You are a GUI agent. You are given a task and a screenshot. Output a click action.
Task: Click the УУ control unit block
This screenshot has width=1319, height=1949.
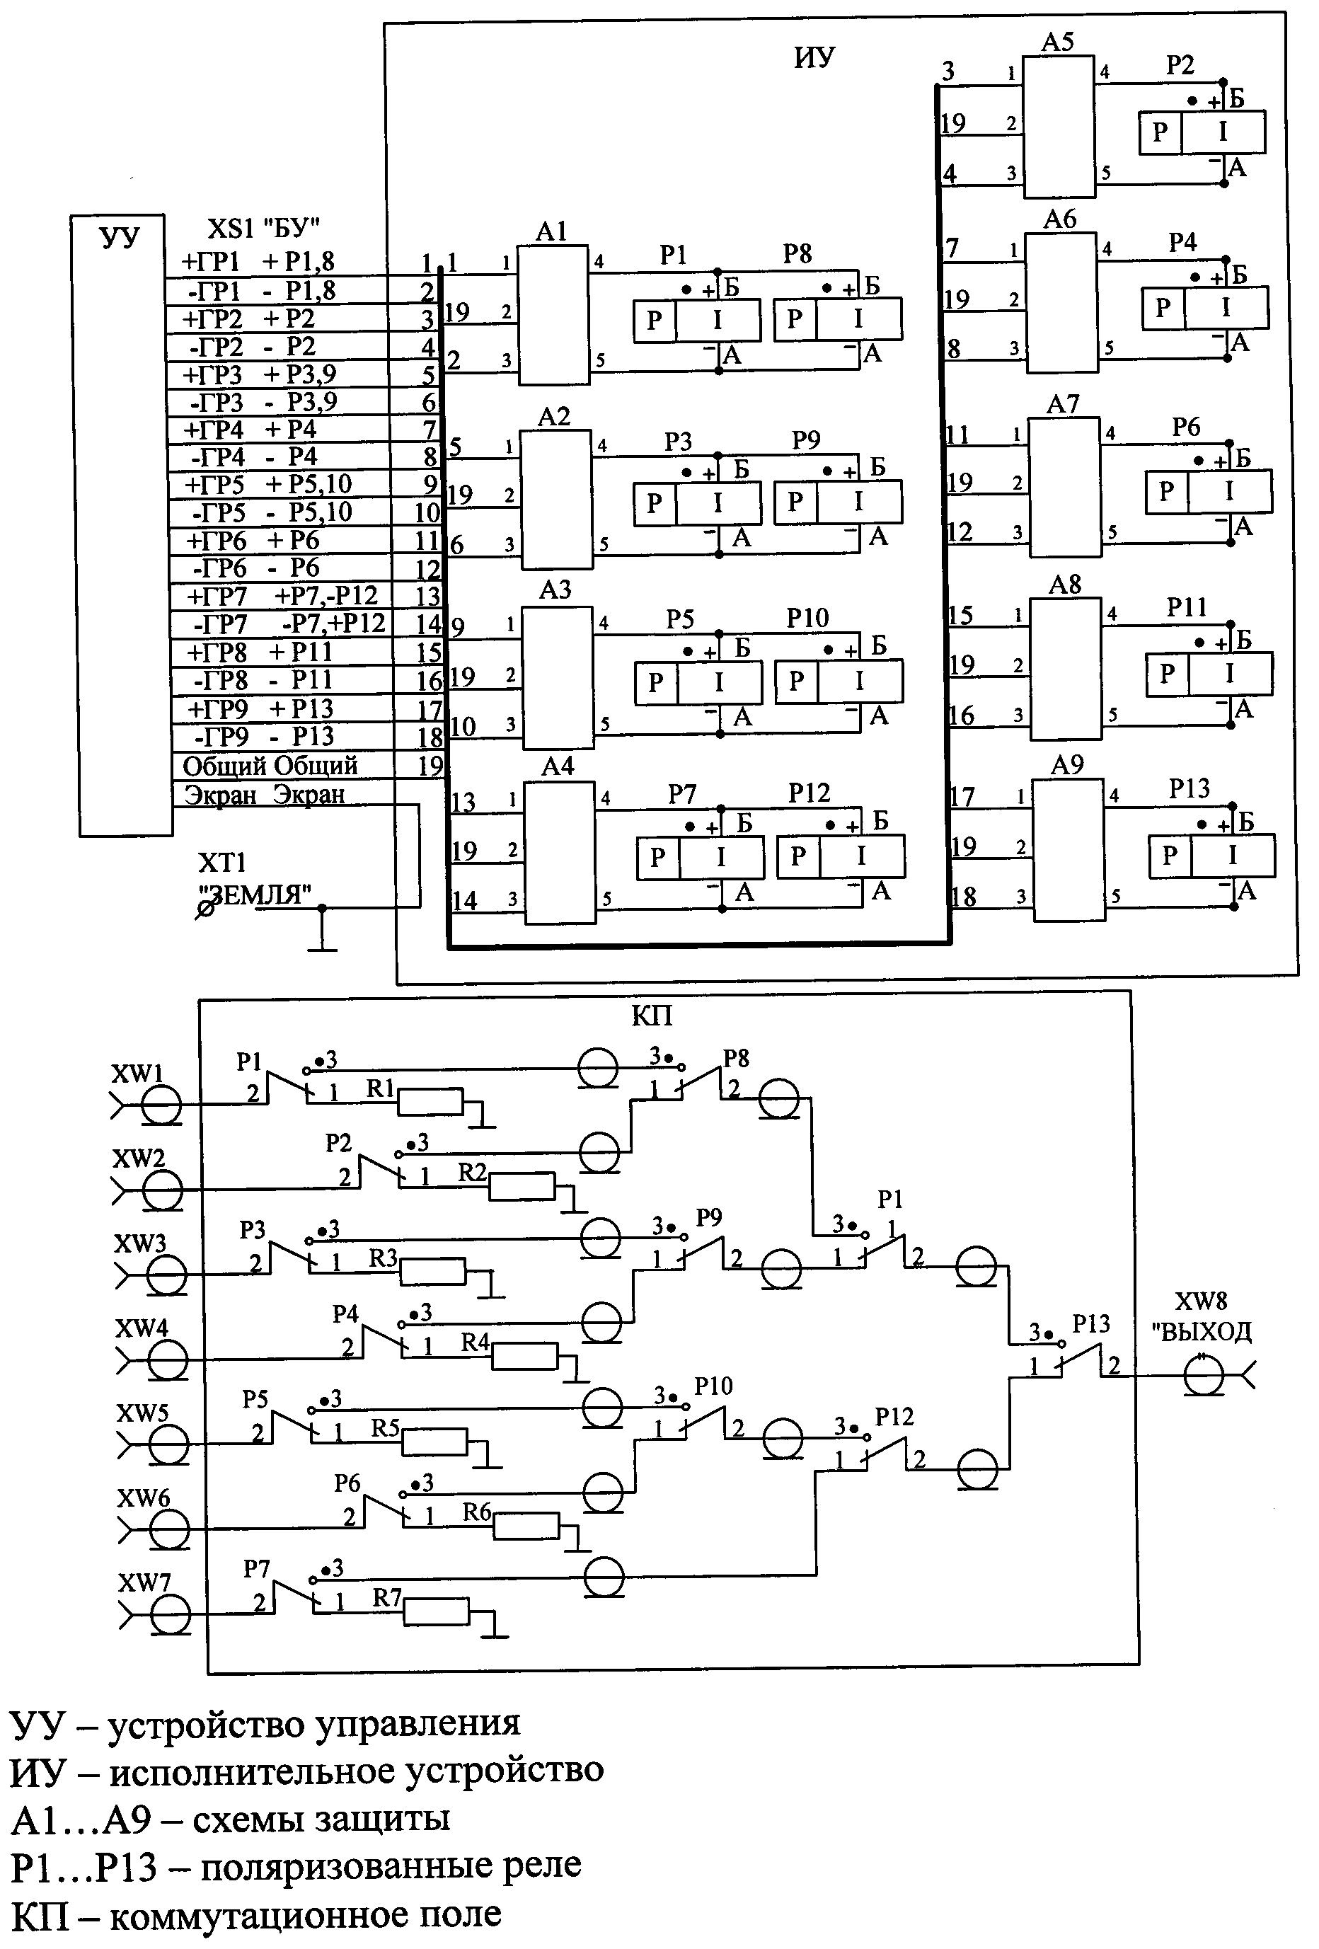click(125, 526)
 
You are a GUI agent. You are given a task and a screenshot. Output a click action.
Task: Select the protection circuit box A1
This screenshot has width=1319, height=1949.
click(552, 316)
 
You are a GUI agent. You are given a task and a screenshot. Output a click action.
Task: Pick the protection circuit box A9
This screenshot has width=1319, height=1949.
click(1068, 851)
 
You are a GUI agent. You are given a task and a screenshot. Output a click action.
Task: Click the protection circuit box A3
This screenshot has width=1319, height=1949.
click(558, 679)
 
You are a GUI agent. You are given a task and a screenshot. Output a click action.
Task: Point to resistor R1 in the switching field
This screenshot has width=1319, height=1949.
click(430, 1101)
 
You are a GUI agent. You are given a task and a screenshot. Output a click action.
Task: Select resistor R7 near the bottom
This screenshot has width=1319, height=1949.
click(436, 1612)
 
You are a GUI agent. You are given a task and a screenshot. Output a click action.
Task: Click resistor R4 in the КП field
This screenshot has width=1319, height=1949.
click(524, 1356)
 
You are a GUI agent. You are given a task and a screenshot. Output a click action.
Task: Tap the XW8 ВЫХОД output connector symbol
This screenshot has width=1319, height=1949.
click(1204, 1377)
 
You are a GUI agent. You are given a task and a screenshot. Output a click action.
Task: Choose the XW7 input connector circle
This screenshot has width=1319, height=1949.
click(171, 1614)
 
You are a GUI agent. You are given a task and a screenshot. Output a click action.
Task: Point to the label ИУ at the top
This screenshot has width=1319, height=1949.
click(813, 57)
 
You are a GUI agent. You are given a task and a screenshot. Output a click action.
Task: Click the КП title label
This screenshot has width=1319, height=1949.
click(652, 1016)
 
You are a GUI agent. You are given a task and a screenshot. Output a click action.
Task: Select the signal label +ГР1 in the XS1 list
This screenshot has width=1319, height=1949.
click(212, 262)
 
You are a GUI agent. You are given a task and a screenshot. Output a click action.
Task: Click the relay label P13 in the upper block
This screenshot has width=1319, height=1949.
click(1189, 788)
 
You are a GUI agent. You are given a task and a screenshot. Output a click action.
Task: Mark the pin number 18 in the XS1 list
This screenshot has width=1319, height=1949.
click(430, 737)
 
